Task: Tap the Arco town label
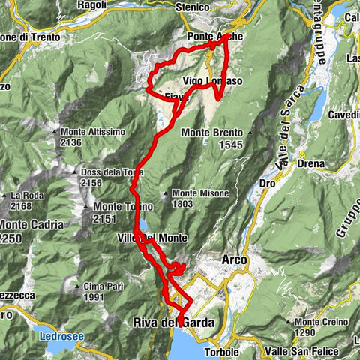(x=235, y=259)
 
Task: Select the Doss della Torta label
(x=111, y=172)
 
